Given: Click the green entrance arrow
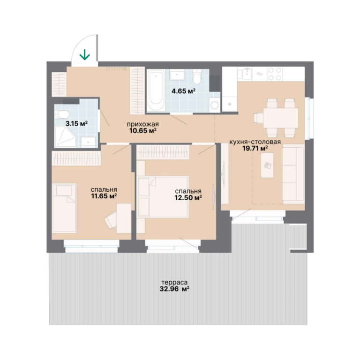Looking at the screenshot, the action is (85, 55).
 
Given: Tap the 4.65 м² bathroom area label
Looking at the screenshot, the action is (183, 91).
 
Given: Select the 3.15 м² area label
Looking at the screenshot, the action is (76, 124).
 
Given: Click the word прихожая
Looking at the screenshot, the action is (143, 124).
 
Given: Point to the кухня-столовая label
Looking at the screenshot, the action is (255, 142).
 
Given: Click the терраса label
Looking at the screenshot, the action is (174, 282).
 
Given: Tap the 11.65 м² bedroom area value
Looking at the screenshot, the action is (104, 196).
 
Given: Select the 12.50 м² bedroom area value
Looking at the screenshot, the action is (188, 197).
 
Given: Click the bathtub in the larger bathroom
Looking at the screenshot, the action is (156, 90).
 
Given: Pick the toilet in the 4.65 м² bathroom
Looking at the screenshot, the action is (197, 77).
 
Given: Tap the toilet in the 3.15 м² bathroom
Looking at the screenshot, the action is (62, 114).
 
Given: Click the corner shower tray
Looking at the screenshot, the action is (66, 137).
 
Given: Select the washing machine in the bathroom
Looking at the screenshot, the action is (215, 105).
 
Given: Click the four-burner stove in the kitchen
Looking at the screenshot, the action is (275, 74).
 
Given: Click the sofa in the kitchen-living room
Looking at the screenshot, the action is (293, 174).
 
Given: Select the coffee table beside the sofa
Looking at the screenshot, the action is (267, 165).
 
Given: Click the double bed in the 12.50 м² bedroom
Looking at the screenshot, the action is (163, 197).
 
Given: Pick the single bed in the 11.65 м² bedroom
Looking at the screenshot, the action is (64, 208).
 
